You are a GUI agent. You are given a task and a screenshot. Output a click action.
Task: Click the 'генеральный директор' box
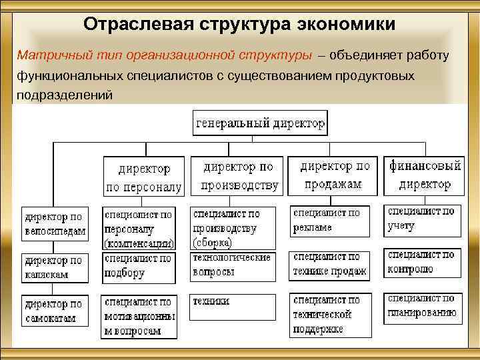tap(260, 123)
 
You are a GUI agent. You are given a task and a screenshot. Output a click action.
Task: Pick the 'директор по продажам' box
tap(335, 175)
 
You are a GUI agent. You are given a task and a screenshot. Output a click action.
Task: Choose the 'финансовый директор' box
tap(425, 175)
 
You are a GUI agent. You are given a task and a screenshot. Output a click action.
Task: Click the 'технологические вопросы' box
tap(232, 265)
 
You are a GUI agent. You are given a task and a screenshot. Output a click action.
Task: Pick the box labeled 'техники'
tap(232, 307)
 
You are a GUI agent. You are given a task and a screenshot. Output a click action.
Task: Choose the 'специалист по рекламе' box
tap(329, 221)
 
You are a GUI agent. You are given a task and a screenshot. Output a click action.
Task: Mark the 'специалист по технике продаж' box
tap(329, 265)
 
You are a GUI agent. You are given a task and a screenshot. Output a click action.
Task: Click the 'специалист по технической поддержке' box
tap(329, 315)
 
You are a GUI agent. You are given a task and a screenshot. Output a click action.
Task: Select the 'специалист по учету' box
tap(422, 219)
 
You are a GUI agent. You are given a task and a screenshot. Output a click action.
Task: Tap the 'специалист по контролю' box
tap(422, 262)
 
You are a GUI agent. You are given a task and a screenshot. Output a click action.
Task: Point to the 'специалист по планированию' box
tap(422, 306)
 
